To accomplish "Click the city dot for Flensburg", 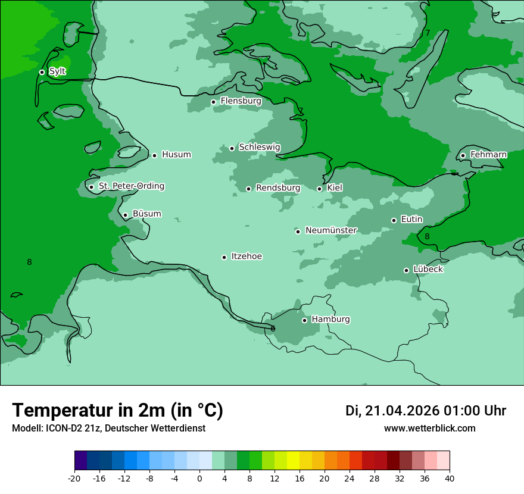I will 213,102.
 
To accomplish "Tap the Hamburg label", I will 330,320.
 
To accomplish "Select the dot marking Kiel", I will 319,189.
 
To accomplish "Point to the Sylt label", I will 57,71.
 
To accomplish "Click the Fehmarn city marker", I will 463,155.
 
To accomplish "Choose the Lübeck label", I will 428,270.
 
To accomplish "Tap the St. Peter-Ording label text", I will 131,186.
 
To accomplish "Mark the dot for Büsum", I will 125,215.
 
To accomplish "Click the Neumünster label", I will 330,230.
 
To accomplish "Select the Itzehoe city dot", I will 224,257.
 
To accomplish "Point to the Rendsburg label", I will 278,188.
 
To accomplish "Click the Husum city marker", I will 154,155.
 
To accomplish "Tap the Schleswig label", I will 259,148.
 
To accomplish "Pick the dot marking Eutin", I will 394,220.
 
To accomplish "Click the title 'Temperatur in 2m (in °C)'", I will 117,411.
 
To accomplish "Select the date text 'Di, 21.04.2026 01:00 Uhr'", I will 425,411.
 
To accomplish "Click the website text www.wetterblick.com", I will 429,429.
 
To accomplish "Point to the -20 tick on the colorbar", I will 74,479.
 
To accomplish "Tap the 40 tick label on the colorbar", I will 449,479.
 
